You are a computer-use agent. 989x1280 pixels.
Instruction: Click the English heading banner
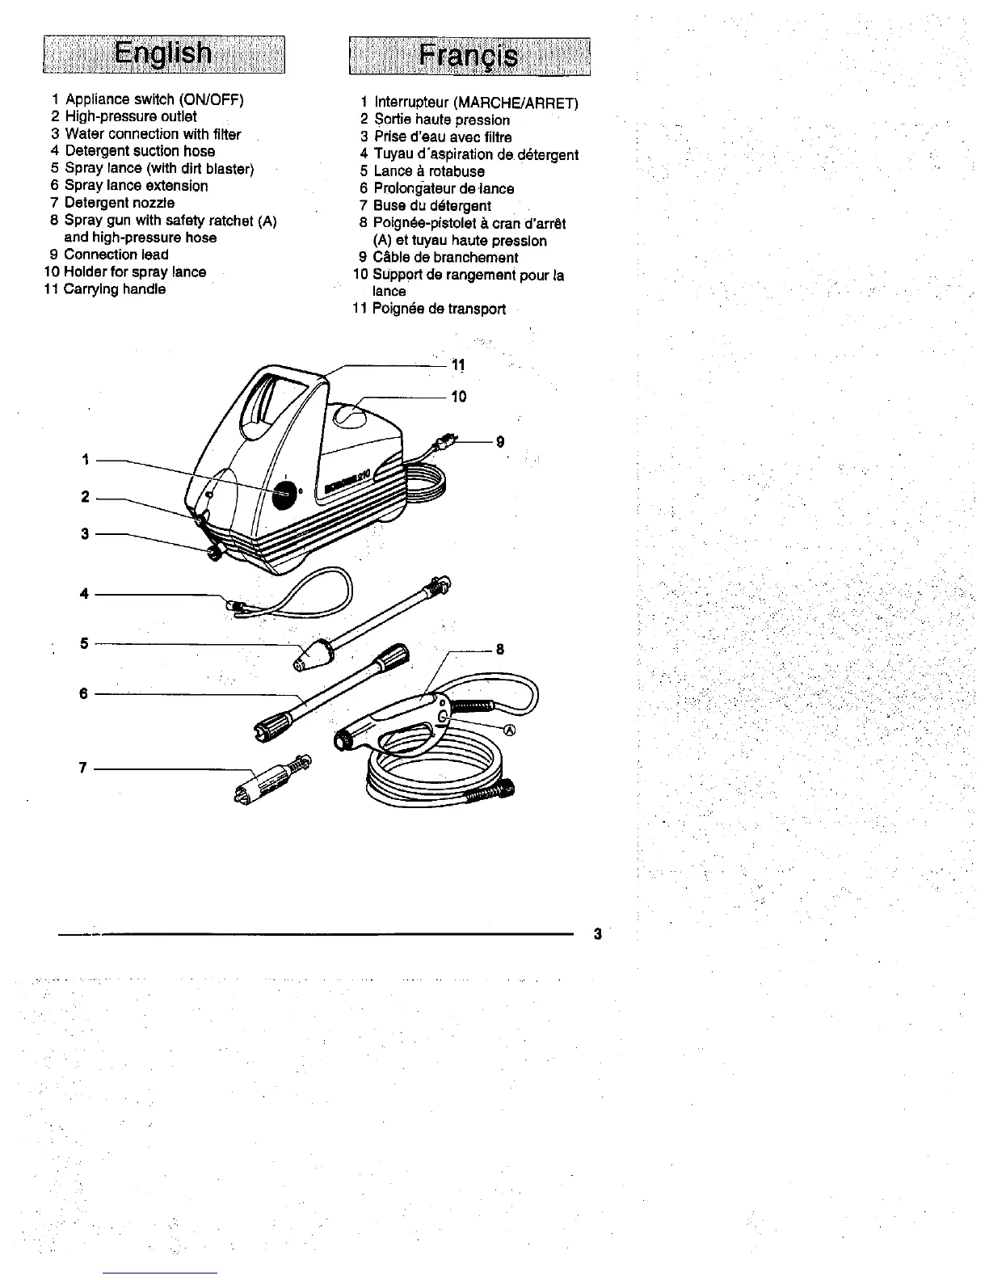tap(164, 55)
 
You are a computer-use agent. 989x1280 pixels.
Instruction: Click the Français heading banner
tap(469, 57)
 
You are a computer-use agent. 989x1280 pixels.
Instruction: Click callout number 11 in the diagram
tap(458, 365)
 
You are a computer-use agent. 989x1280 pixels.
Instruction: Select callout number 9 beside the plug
tap(500, 442)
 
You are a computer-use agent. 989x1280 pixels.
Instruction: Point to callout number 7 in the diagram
tap(82, 768)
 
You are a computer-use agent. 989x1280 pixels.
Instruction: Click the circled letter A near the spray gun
tap(510, 731)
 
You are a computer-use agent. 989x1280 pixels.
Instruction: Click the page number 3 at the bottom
tap(597, 934)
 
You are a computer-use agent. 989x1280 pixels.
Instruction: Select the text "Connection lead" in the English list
tap(116, 255)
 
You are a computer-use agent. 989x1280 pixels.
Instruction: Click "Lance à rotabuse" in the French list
tap(428, 171)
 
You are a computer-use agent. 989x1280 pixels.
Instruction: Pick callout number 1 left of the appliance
tap(85, 460)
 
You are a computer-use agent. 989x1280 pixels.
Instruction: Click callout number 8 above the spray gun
tap(500, 649)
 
